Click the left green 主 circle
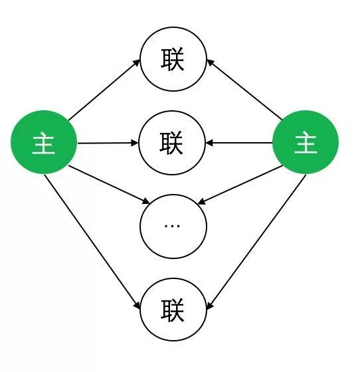click(44, 142)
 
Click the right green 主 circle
click(306, 142)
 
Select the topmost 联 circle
click(173, 59)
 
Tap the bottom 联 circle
click(173, 310)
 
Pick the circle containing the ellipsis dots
click(173, 227)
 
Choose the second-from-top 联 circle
click(172, 143)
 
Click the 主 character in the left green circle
click(44, 145)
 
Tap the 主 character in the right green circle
click(306, 144)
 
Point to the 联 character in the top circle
click(173, 59)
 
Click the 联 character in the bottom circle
click(173, 311)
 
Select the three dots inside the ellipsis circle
click(172, 226)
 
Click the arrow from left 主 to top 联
click(104, 90)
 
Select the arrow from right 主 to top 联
click(244, 90)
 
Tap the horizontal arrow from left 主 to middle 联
click(108, 143)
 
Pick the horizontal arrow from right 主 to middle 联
click(239, 143)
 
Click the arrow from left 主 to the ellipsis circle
click(109, 185)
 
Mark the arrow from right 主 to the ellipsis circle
click(240, 185)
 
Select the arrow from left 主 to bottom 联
click(92, 242)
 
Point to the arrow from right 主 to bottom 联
click(256, 242)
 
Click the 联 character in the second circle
click(171, 143)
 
